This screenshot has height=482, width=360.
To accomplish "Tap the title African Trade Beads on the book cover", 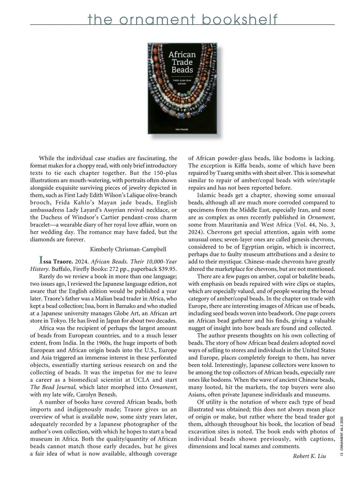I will click(182, 62).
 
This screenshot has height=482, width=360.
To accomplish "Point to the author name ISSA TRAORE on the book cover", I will click(182, 129).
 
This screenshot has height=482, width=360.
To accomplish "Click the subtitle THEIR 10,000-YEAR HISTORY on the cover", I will click(182, 82).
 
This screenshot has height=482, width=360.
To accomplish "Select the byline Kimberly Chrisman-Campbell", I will click(128, 249).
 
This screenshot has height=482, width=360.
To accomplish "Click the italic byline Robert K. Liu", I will click(309, 456).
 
